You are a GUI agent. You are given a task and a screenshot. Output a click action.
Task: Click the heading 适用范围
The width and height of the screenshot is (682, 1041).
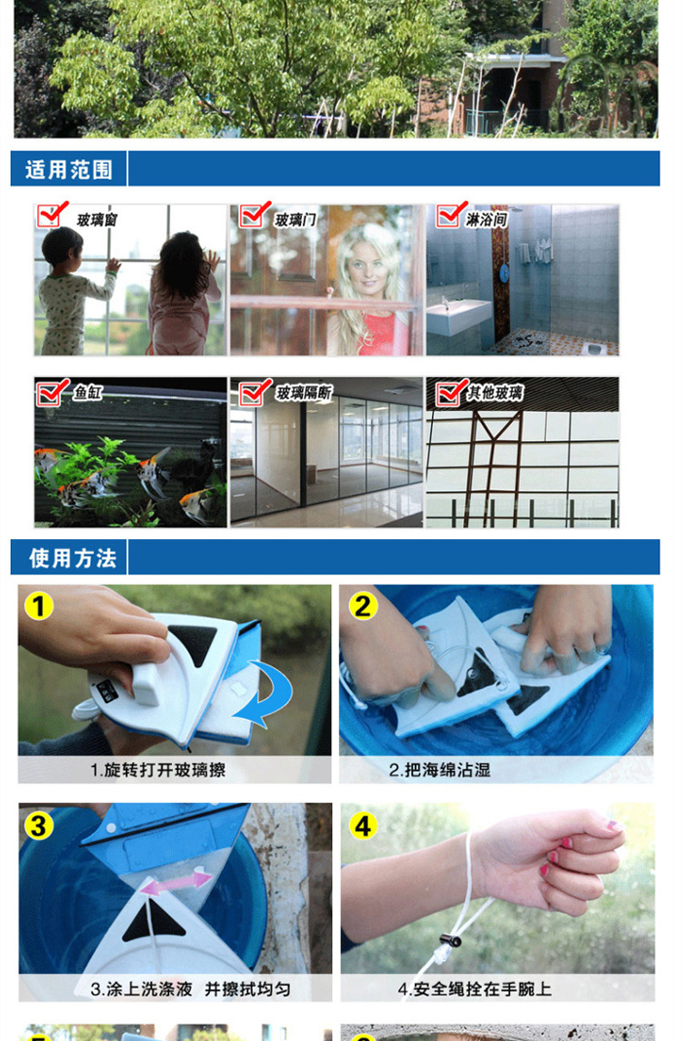[x=69, y=170]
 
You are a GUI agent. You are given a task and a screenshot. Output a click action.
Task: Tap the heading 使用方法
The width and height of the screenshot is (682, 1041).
[x=73, y=558]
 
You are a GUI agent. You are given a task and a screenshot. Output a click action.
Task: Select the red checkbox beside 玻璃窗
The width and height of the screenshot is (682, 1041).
[x=51, y=215]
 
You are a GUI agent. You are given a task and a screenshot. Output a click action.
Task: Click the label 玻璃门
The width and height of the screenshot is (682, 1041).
[x=296, y=219]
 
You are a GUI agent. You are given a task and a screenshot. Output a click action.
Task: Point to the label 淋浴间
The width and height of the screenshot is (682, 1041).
[x=486, y=219]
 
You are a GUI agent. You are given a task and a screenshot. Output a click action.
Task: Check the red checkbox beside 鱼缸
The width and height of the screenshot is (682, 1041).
[x=51, y=393]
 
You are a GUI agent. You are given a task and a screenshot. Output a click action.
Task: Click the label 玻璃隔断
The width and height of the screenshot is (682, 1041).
[x=304, y=393]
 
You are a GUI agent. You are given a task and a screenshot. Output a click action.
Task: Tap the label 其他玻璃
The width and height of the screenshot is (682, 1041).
[x=495, y=393]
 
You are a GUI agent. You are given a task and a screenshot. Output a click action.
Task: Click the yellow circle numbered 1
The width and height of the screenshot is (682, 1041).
[x=38, y=606]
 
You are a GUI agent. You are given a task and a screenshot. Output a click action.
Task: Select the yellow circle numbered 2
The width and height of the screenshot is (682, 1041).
[x=363, y=606]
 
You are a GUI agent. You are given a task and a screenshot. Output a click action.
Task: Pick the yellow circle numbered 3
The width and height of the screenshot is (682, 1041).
[x=38, y=826]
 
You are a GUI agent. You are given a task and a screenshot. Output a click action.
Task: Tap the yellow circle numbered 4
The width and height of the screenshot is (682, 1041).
[x=363, y=826]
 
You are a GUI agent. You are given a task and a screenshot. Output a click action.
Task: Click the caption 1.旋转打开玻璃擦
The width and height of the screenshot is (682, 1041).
[x=158, y=770]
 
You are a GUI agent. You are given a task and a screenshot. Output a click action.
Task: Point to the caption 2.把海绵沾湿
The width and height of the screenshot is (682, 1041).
[x=439, y=770]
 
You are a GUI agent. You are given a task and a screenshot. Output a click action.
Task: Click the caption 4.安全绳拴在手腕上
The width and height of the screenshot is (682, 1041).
[x=475, y=989]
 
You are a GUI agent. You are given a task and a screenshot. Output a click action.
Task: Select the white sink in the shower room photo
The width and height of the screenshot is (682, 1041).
[x=458, y=315]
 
